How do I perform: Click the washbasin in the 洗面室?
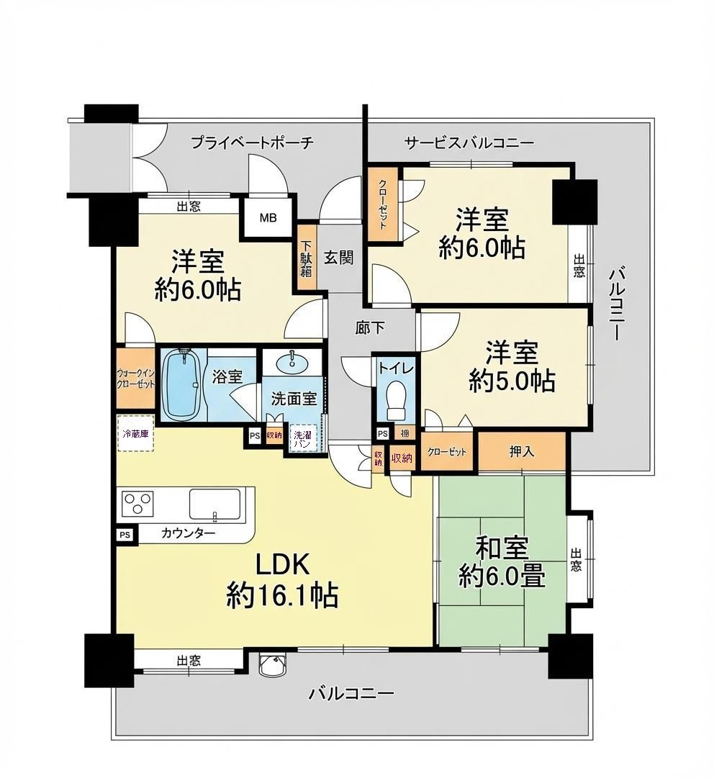coord(292,361)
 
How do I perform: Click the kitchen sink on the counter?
coord(214,503)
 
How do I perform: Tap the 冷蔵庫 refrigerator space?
coord(136,433)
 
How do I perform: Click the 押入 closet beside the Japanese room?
coord(522,452)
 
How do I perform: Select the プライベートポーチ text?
coord(252,143)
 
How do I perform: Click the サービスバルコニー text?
coord(469,143)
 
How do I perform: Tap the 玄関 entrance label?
coord(338,257)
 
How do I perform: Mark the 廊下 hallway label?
coord(370,328)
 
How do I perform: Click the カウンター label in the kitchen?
coord(188,533)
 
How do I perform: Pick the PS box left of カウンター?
coord(125,535)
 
